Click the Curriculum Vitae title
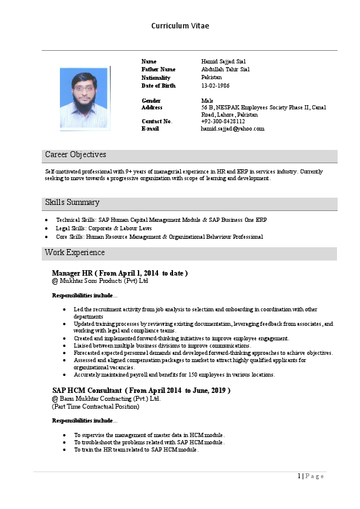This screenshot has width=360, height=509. (x=180, y=26)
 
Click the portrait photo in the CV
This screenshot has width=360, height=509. (x=85, y=97)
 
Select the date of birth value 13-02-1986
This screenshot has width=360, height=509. (x=215, y=86)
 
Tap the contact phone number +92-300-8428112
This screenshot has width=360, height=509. (x=223, y=122)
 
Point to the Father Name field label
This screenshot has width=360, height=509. (x=158, y=70)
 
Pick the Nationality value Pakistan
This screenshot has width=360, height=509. (x=211, y=77)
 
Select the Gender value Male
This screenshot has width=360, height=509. (x=207, y=100)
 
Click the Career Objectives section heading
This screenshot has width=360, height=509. (x=76, y=155)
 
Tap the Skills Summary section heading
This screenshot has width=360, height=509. (x=72, y=203)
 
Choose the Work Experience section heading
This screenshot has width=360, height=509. (x=74, y=253)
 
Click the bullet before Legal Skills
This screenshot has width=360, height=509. (x=48, y=229)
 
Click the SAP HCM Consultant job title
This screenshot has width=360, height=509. (x=87, y=391)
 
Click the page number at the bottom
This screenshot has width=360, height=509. (x=299, y=476)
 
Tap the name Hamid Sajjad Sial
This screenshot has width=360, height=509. (x=223, y=62)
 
